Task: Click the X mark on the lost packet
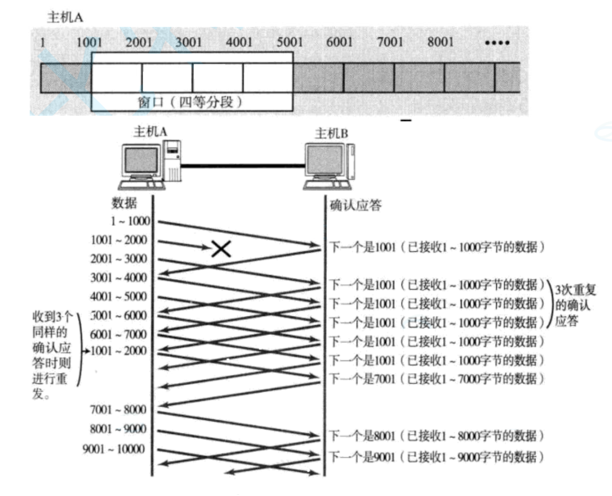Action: tap(221, 249)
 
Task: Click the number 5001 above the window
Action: tap(290, 42)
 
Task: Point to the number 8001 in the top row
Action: tap(440, 42)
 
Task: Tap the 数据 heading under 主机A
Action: tap(124, 202)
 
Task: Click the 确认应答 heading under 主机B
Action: tap(355, 206)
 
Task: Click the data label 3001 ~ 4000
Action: tap(118, 277)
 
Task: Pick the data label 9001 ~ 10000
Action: tap(113, 449)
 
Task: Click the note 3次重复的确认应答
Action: tap(572, 306)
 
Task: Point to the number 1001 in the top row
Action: tap(89, 42)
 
